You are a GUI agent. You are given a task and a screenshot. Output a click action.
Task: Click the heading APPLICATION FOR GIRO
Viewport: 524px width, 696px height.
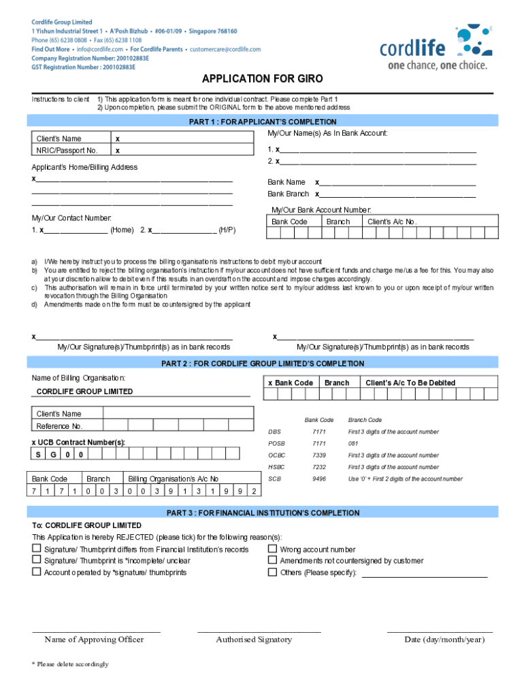pos(262,79)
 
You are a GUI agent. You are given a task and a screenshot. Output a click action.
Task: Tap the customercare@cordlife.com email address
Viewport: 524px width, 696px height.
pos(225,50)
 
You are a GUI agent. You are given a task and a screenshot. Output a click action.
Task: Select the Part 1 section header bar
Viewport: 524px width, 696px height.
pos(262,122)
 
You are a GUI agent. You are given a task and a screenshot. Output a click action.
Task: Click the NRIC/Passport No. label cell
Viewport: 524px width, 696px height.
pos(67,150)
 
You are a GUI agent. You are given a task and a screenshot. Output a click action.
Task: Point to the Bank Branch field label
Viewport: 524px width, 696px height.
pos(288,194)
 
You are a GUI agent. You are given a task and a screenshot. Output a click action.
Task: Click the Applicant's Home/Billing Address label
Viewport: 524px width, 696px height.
pos(84,167)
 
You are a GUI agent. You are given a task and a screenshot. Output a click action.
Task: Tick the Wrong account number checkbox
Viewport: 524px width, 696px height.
pos(272,549)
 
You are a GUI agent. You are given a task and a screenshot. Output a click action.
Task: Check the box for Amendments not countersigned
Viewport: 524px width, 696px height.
pos(272,561)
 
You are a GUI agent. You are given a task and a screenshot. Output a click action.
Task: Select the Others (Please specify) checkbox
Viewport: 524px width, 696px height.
pos(272,572)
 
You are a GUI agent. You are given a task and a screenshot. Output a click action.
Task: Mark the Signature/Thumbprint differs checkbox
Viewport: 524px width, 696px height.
pos(37,549)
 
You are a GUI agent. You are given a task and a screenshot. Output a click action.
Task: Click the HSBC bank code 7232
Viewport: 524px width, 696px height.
pos(319,467)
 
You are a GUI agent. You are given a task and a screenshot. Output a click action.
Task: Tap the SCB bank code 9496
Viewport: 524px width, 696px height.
pos(319,479)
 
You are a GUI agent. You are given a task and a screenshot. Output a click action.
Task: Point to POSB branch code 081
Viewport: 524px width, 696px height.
pos(353,443)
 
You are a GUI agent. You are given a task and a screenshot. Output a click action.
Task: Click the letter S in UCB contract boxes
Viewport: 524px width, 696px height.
pos(38,454)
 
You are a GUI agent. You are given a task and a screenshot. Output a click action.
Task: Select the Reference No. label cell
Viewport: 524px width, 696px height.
pos(59,426)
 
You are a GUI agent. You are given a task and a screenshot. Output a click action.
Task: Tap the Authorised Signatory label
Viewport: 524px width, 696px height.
pos(254,640)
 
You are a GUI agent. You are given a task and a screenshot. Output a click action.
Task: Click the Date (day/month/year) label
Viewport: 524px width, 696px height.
pos(444,640)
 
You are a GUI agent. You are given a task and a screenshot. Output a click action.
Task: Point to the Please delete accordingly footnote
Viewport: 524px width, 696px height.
pos(70,664)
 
